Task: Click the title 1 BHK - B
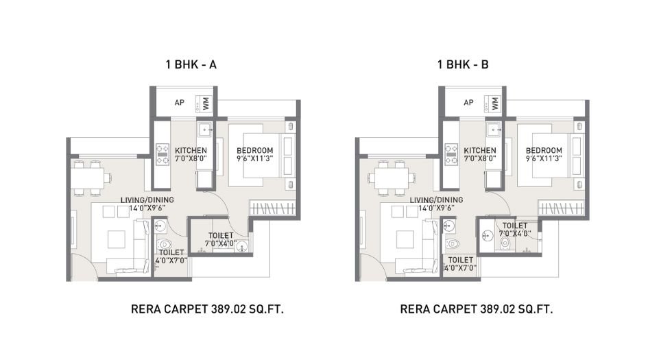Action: tap(464, 65)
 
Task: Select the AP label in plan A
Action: tap(180, 103)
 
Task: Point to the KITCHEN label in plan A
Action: tap(191, 151)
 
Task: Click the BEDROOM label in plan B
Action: tap(544, 151)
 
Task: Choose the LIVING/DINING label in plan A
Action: tap(147, 200)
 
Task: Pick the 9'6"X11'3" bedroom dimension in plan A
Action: tap(255, 158)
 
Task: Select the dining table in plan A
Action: tap(92, 177)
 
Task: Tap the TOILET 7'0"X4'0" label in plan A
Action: tap(221, 239)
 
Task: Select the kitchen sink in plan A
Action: tap(204, 129)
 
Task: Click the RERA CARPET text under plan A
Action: tap(207, 309)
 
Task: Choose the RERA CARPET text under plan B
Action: tap(477, 309)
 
